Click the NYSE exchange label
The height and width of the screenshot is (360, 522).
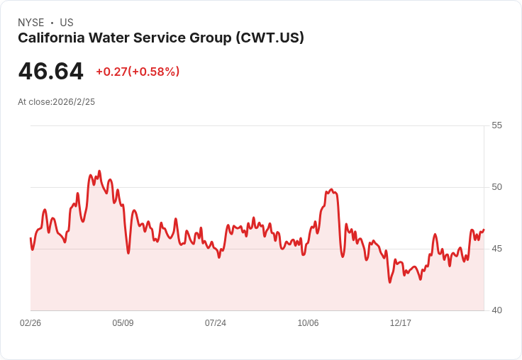[31, 23]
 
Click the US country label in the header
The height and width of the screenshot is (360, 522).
[67, 23]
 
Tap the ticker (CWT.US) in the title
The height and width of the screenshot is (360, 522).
[270, 38]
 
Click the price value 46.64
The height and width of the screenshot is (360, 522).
[50, 71]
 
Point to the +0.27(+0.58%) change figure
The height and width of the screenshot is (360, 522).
[138, 72]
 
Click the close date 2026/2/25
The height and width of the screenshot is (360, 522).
[74, 102]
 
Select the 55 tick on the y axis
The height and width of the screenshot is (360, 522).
[496, 125]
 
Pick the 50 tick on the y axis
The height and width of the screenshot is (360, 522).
[496, 187]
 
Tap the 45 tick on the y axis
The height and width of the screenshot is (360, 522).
[496, 249]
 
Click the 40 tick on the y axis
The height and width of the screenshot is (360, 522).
[496, 310]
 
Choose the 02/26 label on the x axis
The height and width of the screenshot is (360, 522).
[30, 323]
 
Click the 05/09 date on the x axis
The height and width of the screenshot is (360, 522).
[123, 323]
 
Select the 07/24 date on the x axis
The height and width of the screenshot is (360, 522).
[216, 323]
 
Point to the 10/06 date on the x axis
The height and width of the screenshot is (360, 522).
[308, 323]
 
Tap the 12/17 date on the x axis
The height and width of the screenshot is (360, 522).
[401, 323]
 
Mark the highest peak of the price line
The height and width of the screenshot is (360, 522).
[99, 171]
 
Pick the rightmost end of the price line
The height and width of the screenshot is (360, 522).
[484, 230]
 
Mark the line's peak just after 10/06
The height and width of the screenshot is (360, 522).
[331, 189]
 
